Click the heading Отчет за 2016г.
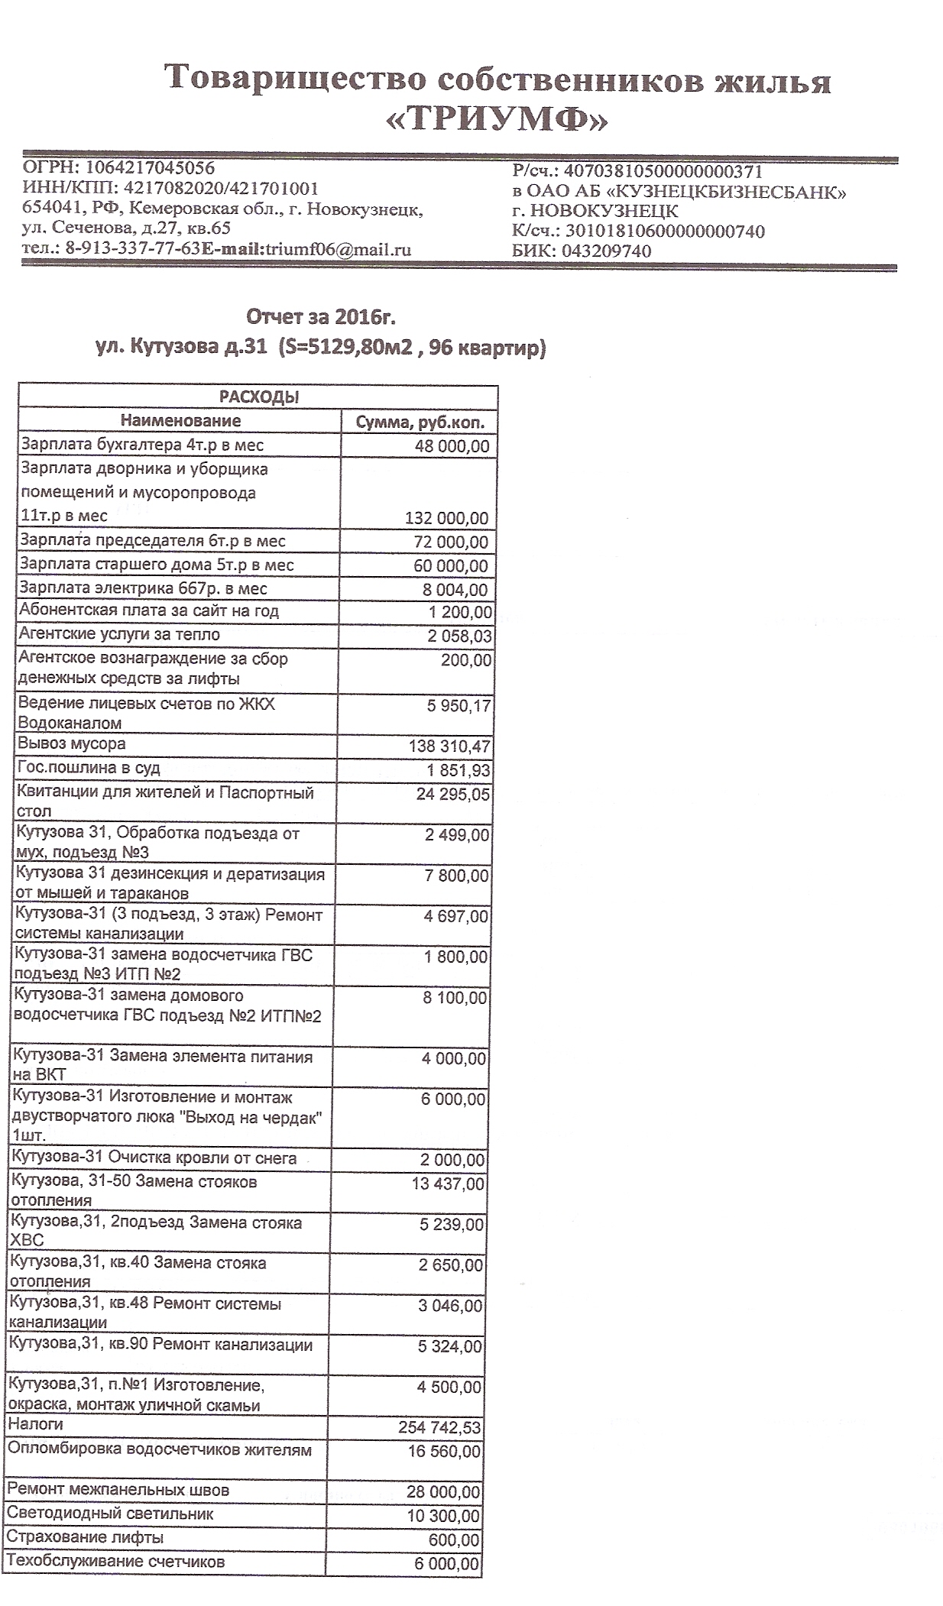pos(321,316)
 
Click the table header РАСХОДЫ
pos(259,397)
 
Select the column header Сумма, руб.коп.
pos(421,422)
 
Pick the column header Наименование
pos(180,421)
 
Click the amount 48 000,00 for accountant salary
pos(452,446)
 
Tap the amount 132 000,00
pos(446,519)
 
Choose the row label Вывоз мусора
pos(72,744)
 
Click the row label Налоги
pos(35,1424)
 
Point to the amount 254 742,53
pos(440,1427)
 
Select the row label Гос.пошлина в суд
pos(89,768)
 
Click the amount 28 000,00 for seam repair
pos(443,1492)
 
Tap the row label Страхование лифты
pos(85,1537)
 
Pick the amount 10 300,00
pos(443,1516)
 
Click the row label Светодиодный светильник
pos(110,1514)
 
